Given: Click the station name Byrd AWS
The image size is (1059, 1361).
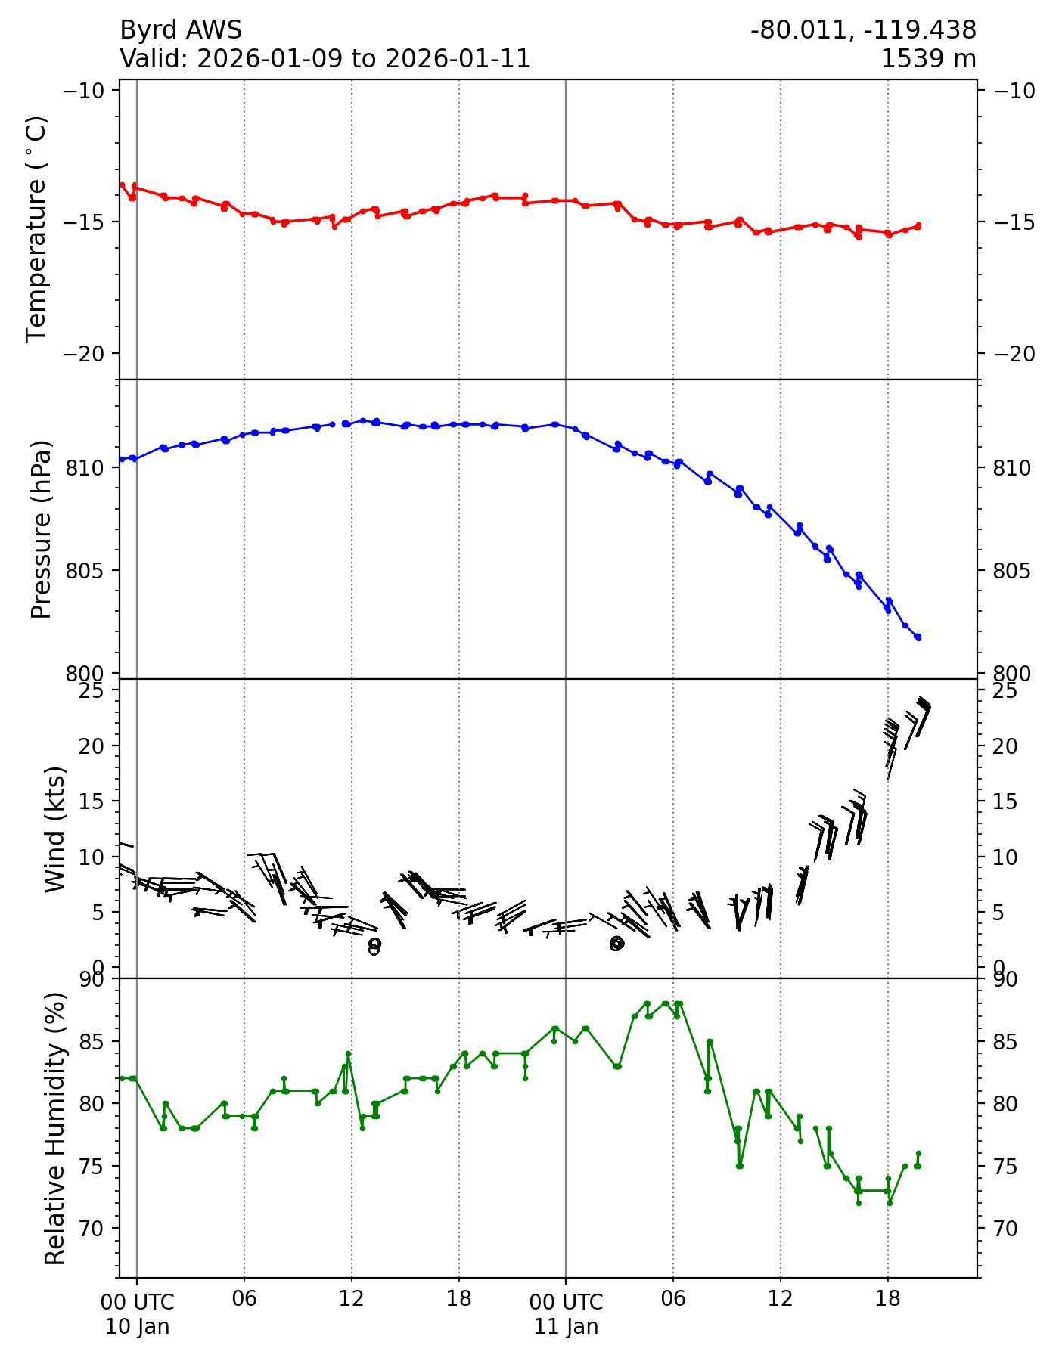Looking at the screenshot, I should tap(181, 30).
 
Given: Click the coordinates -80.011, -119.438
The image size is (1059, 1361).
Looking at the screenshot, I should tap(863, 30).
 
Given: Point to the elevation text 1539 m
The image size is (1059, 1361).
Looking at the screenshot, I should tap(928, 59).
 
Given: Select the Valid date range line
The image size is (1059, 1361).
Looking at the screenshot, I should tap(325, 59).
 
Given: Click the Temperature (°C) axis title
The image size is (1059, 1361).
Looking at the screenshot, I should tap(36, 229).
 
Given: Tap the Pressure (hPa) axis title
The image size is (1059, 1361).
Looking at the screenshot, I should tap(42, 529).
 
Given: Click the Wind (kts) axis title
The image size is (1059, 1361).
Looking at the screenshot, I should tap(54, 829).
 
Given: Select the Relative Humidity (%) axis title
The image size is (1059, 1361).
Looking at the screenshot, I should tap(54, 1128).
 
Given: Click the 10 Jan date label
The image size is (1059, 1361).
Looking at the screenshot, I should tap(137, 1327).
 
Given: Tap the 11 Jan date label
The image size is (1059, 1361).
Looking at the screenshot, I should tap(566, 1327).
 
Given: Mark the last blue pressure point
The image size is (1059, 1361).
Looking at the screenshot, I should tap(918, 637).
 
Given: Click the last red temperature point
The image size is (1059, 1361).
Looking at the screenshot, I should tap(918, 225).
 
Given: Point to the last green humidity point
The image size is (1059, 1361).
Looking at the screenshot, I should tap(918, 1154).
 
